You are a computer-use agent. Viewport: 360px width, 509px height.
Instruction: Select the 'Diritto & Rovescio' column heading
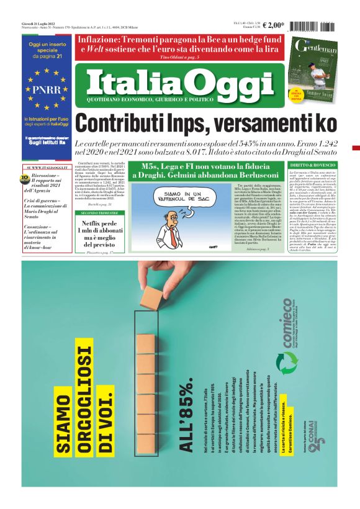(x=313, y=165)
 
